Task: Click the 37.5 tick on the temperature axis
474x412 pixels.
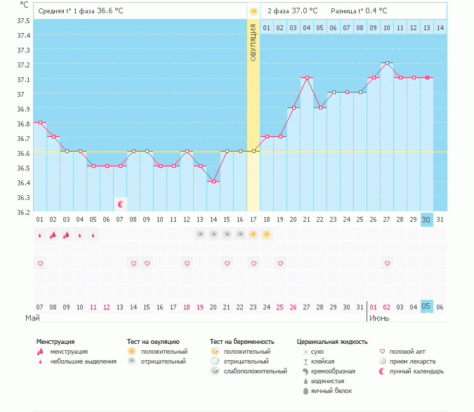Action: tap(24, 20)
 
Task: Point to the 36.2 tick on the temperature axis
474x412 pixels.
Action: tap(24, 211)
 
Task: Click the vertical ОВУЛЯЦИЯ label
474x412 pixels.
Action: tap(254, 41)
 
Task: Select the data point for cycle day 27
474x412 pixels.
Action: tap(387, 63)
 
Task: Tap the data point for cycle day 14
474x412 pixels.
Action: tap(213, 181)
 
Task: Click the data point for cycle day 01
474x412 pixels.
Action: tap(40, 123)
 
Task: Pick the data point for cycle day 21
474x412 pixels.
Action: tap(307, 78)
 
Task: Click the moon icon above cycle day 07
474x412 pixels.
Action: tap(121, 204)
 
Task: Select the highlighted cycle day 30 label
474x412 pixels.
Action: tap(426, 220)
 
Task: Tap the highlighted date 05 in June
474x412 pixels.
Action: tap(426, 307)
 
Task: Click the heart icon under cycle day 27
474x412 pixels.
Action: tap(387, 263)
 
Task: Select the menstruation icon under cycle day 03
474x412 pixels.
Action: tap(67, 234)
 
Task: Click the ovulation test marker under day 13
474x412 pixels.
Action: tap(200, 234)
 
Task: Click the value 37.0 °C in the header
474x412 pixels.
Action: tap(304, 11)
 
